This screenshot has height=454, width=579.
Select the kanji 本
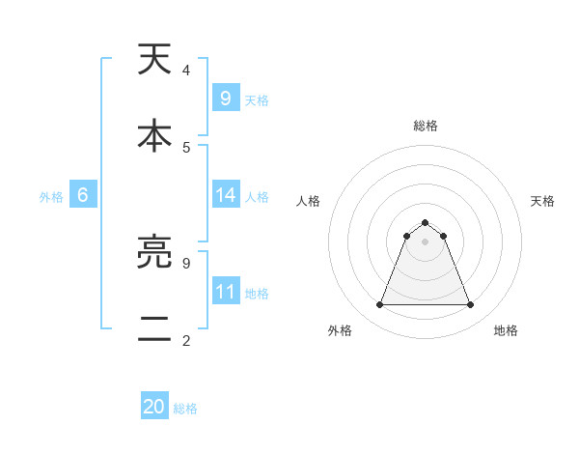(x=155, y=136)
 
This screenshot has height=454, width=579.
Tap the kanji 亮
(x=155, y=254)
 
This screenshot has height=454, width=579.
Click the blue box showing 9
(x=225, y=99)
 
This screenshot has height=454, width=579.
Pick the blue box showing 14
(x=225, y=195)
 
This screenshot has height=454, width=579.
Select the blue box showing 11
(x=225, y=292)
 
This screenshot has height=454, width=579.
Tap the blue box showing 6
(x=83, y=195)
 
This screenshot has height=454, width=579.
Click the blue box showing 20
(x=154, y=408)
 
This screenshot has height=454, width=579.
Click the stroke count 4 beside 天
(x=186, y=71)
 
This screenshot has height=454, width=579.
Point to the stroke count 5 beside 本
(x=186, y=147)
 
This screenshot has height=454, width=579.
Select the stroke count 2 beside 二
(x=186, y=340)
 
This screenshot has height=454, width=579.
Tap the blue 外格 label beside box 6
(x=51, y=197)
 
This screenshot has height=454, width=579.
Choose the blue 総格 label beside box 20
(x=185, y=410)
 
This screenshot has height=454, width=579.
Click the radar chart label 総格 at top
(x=426, y=126)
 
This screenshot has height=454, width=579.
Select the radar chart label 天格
(x=542, y=201)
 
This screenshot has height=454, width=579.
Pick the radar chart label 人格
(x=309, y=201)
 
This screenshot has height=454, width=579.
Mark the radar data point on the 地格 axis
(x=471, y=305)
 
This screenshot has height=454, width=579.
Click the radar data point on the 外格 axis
(x=379, y=305)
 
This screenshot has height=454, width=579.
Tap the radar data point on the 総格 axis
(x=426, y=223)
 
